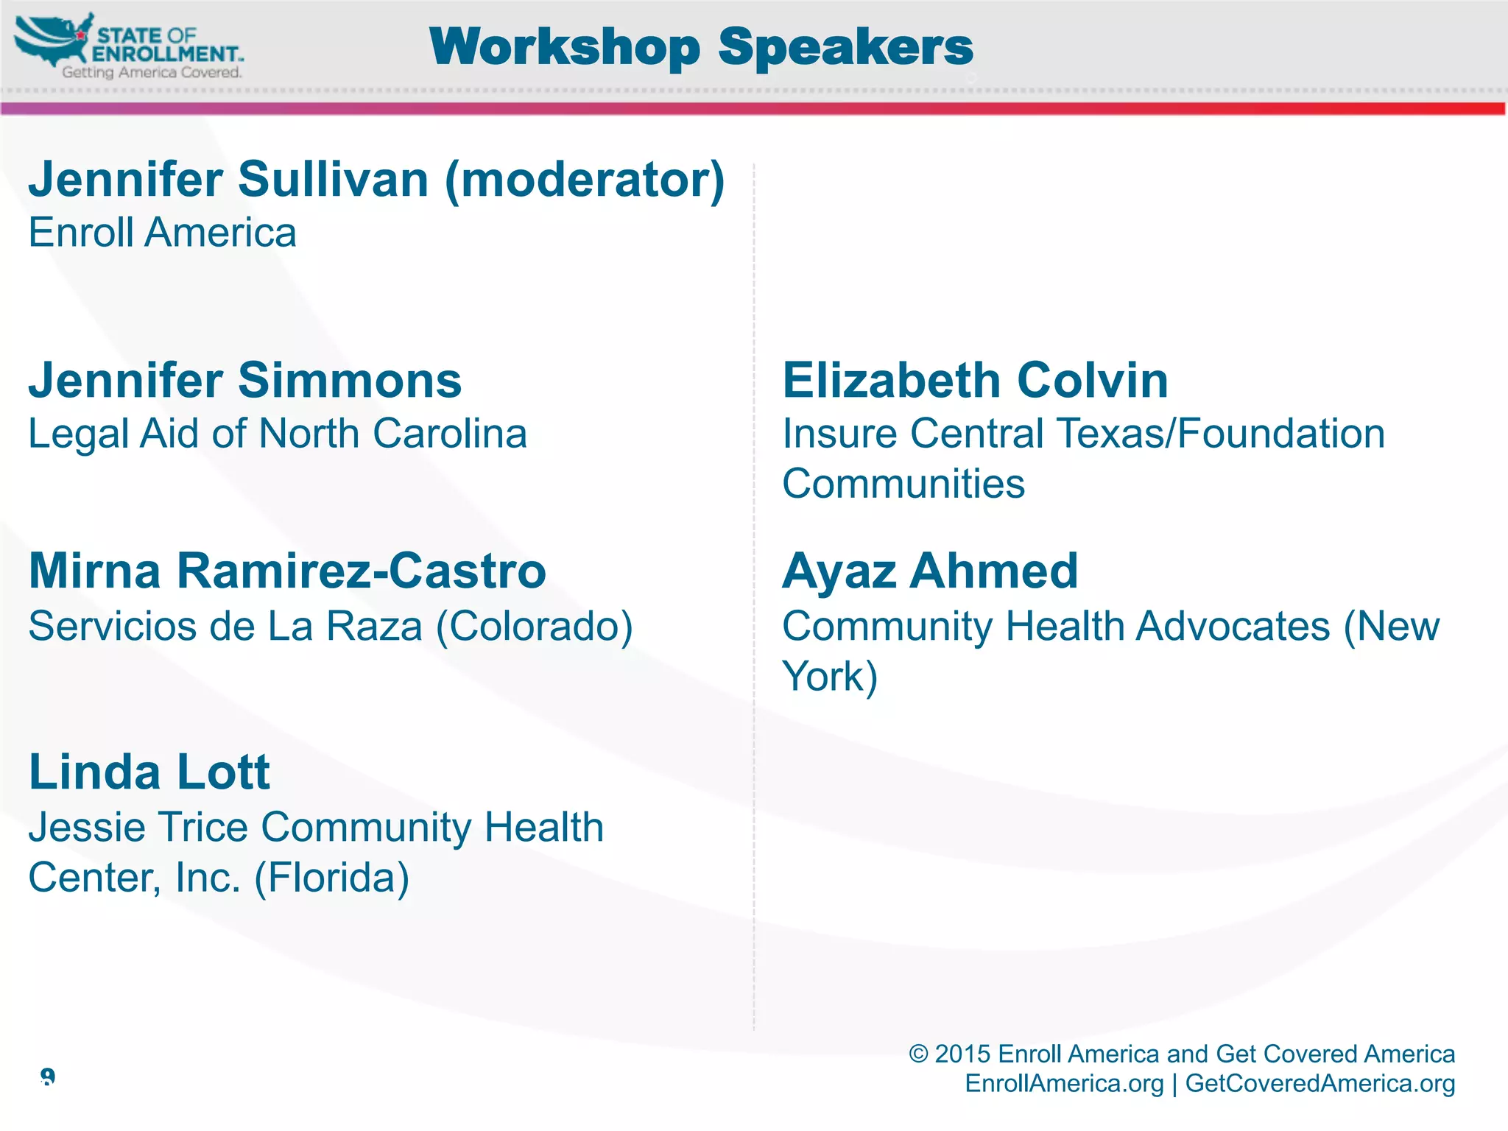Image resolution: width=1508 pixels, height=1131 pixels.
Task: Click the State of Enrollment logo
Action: (129, 46)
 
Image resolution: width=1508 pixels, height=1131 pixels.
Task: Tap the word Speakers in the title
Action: (845, 47)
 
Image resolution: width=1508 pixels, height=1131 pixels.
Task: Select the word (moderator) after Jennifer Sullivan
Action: (585, 180)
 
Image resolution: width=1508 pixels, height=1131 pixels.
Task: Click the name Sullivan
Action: (333, 179)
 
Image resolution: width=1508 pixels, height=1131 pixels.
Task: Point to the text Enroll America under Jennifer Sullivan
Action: (162, 233)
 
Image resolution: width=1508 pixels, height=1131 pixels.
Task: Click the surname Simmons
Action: (349, 380)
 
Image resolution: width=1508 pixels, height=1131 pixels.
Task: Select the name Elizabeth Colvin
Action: (974, 380)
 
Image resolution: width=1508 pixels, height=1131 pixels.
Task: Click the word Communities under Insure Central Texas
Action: (903, 484)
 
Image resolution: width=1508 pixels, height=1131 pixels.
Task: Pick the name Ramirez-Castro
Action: (361, 571)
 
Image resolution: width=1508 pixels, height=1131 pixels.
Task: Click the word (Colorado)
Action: (534, 627)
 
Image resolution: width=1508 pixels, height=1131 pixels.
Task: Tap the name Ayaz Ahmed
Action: (929, 571)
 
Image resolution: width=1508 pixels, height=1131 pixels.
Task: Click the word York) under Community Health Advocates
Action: (829, 677)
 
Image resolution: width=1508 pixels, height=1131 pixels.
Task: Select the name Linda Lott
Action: (149, 772)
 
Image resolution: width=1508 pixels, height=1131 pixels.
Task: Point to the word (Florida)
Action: (331, 878)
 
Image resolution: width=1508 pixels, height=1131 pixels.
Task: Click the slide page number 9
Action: (48, 1077)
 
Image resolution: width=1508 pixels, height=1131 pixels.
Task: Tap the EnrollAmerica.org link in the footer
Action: (1064, 1083)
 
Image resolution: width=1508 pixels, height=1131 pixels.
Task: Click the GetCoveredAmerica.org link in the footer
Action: (1319, 1083)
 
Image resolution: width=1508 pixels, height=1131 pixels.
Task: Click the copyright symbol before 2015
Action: (918, 1054)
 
